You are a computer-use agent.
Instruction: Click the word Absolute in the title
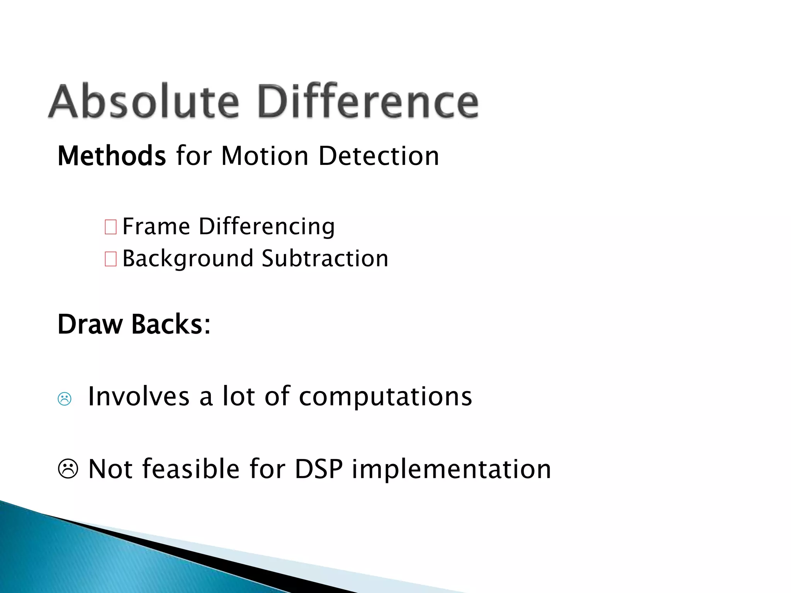[x=144, y=101]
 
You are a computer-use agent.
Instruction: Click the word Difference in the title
[x=368, y=101]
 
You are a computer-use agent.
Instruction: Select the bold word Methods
[x=112, y=156]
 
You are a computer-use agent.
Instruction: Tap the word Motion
[x=265, y=156]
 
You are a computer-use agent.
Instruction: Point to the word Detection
[x=379, y=156]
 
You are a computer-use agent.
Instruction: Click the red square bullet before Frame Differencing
[x=110, y=227]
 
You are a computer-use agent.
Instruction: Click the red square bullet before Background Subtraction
[x=110, y=259]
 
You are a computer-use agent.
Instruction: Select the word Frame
[x=156, y=227]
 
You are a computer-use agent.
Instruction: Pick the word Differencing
[x=266, y=227]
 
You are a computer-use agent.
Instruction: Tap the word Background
[x=188, y=259]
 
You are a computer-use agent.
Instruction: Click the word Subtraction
[x=325, y=259]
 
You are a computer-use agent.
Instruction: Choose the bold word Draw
[x=90, y=324]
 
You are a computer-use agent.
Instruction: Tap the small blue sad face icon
[x=65, y=399]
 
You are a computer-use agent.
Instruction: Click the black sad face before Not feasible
[x=68, y=469]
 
